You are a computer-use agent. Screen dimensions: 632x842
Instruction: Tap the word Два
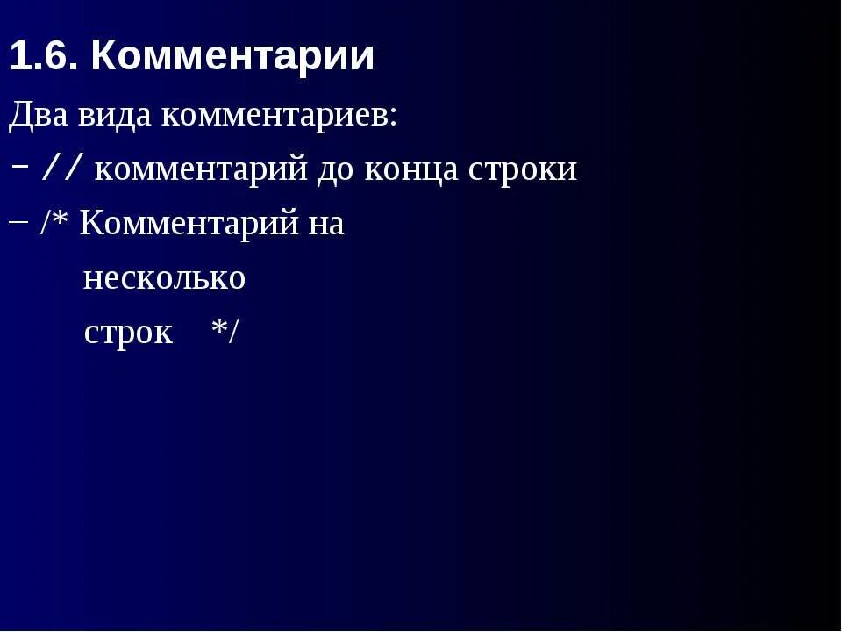tap(37, 115)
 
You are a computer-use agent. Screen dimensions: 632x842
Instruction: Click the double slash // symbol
tap(63, 168)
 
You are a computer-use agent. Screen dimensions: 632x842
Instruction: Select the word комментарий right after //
tap(200, 169)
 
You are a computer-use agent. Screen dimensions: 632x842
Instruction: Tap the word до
tap(335, 169)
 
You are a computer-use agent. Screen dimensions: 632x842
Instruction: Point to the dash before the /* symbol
tap(19, 221)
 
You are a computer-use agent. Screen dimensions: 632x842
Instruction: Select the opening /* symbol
tap(54, 224)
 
